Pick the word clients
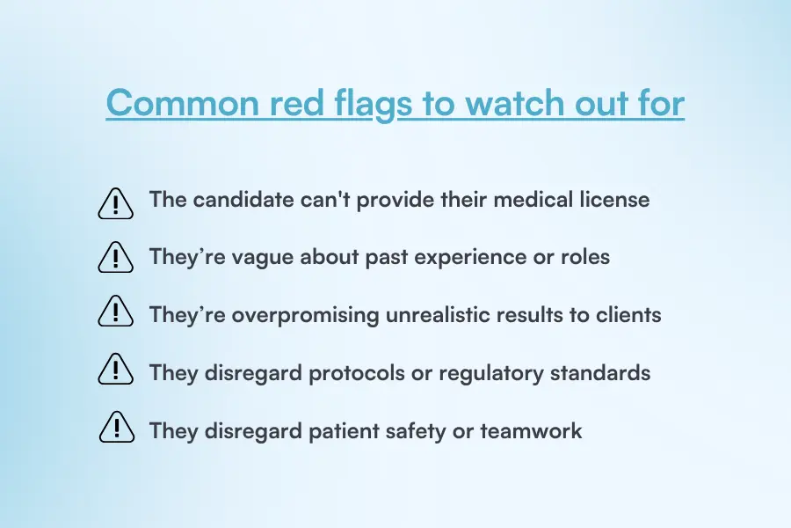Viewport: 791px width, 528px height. click(628, 314)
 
